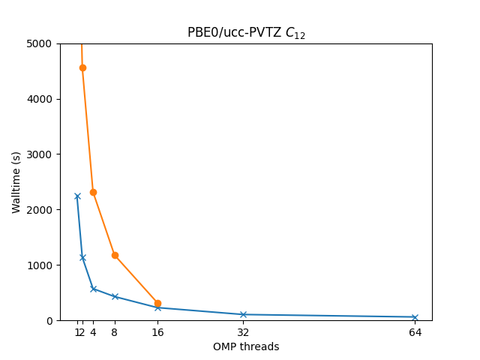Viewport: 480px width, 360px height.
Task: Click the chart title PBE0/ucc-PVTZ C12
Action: (246, 33)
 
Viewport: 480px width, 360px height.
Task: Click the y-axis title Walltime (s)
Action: (16, 182)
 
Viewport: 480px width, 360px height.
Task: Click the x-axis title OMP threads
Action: (246, 347)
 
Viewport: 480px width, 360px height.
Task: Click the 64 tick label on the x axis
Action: (415, 332)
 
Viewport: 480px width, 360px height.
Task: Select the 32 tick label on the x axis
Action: (243, 332)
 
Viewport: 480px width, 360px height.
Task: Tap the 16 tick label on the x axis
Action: (157, 332)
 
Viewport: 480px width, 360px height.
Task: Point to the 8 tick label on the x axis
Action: (115, 332)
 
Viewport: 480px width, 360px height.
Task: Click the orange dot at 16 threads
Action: (157, 304)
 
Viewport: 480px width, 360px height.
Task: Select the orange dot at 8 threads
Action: (115, 255)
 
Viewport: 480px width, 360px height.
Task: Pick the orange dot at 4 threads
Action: (93, 192)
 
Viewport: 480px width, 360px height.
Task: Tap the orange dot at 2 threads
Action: (82, 67)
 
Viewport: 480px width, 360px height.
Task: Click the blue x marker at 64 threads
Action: (415, 317)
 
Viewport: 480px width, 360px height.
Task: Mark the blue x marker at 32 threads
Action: (243, 314)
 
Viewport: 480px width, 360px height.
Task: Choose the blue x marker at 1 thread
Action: (77, 196)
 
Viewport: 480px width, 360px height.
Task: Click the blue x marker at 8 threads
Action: (115, 296)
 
